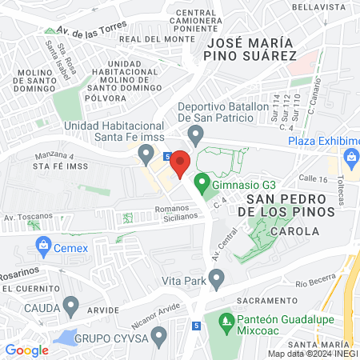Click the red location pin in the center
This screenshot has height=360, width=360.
[180, 162]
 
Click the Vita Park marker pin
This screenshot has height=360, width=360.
[215, 278]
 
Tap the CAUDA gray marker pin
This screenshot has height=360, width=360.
[70, 304]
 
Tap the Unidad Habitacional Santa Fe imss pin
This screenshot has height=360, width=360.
[146, 151]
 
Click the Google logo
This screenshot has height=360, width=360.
[26, 350]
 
